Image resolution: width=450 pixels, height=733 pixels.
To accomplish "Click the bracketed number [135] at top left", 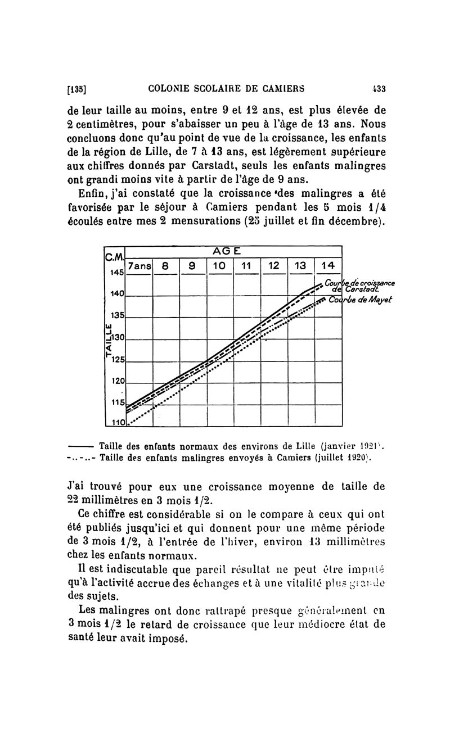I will point(76,88).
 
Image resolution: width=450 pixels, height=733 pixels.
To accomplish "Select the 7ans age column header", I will point(139,265).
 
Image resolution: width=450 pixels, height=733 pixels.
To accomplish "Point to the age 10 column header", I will point(220,265).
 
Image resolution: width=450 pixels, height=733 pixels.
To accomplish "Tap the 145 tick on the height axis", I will point(116,273).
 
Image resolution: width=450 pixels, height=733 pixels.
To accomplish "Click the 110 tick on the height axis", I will point(116,422).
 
